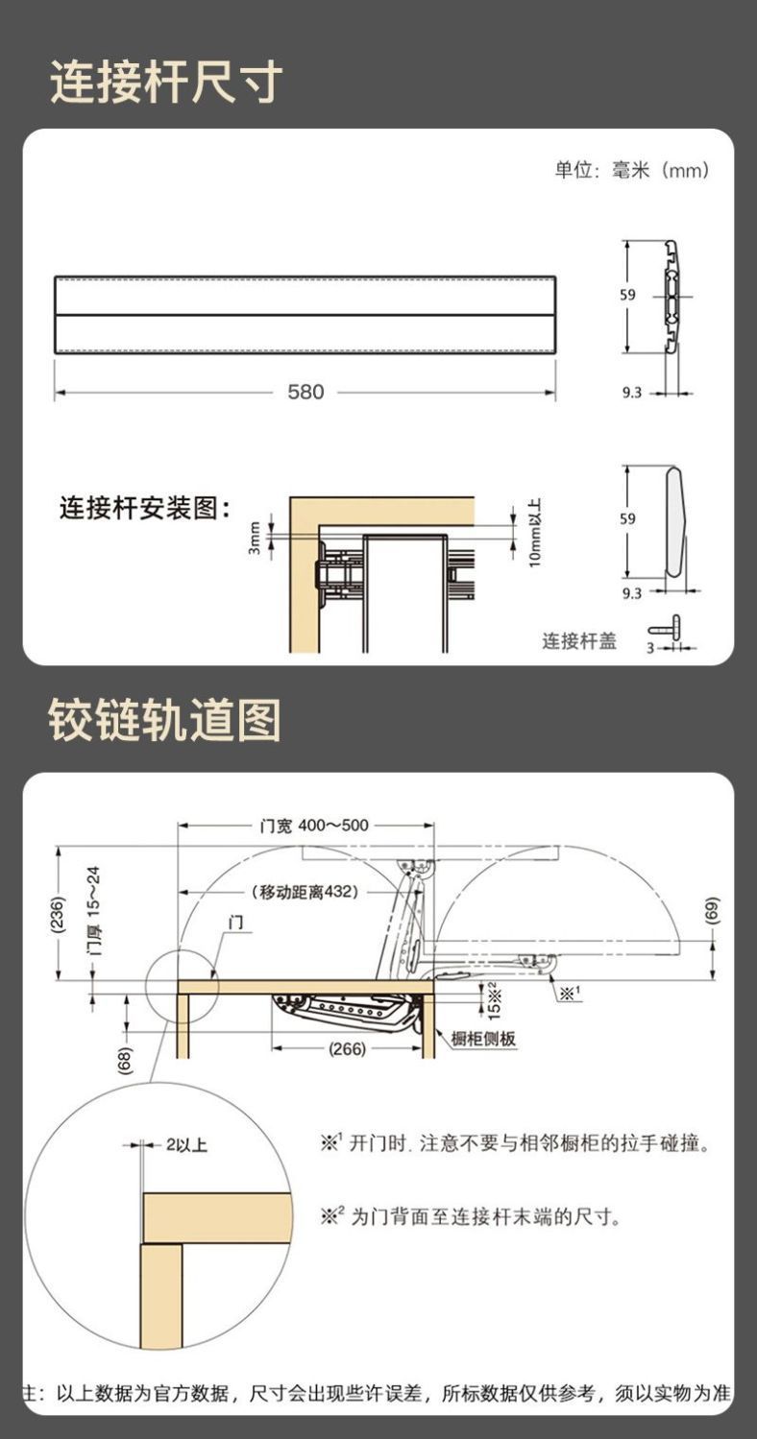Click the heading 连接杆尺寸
[x=166, y=83]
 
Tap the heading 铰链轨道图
[x=166, y=719]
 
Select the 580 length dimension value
[x=306, y=392]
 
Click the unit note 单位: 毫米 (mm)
[x=632, y=171]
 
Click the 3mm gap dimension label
[x=256, y=538]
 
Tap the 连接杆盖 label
[x=579, y=640]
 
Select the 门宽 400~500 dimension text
[x=314, y=826]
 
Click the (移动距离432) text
[x=305, y=891]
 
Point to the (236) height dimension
[x=59, y=913]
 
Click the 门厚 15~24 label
[x=93, y=913]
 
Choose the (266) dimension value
[x=347, y=1048]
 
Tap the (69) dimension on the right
[x=712, y=910]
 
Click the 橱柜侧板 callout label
[x=484, y=1039]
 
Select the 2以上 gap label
[x=186, y=1144]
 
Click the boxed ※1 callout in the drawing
[x=569, y=993]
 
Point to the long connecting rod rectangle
[x=305, y=315]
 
